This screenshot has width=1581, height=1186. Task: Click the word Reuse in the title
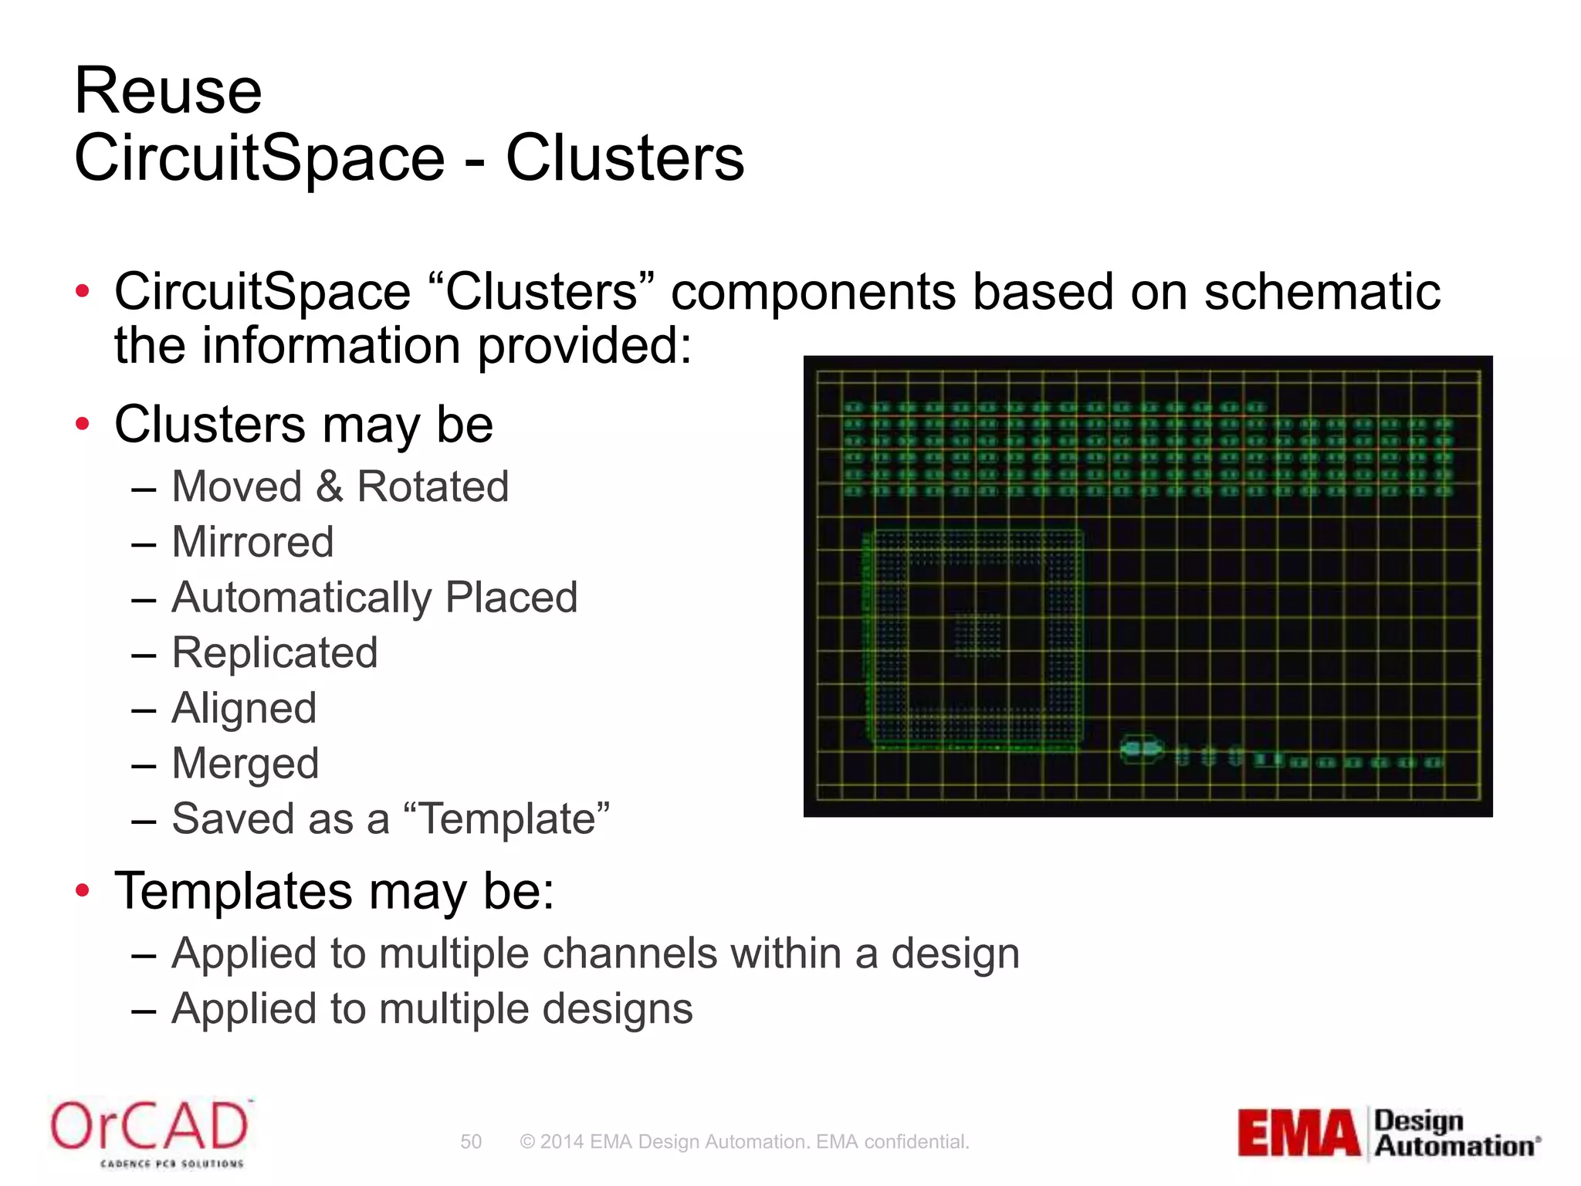(168, 91)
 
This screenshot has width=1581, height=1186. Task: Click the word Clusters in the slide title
(625, 158)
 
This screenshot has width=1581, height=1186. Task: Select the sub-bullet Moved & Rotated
(340, 486)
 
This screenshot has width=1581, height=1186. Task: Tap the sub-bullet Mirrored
(252, 542)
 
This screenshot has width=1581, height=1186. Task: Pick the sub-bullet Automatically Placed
(374, 598)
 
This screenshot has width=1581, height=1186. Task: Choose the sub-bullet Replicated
(275, 652)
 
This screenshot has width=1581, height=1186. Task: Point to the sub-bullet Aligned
(244, 708)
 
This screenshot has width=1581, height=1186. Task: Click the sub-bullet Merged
(245, 764)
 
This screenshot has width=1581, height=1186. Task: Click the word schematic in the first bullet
(1322, 292)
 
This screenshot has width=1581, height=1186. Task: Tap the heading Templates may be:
(334, 890)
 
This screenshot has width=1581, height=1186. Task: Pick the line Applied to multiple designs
(432, 1008)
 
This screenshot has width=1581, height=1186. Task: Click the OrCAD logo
(150, 1130)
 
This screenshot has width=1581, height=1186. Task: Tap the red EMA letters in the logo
(1298, 1133)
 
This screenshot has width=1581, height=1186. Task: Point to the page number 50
(471, 1141)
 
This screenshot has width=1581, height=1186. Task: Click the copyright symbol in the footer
(527, 1141)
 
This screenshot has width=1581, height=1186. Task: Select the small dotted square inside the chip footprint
(977, 635)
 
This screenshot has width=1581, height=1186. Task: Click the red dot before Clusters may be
(83, 424)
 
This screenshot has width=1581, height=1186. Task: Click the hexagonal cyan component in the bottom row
(1141, 749)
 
